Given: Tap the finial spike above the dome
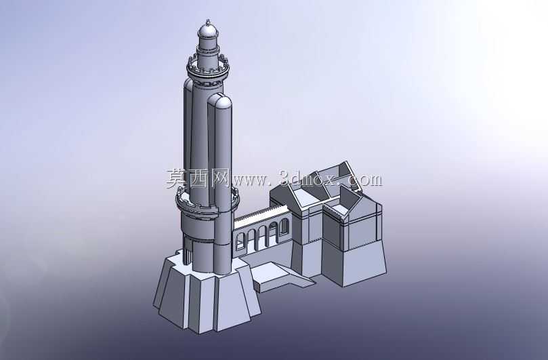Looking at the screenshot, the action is (x=209, y=21).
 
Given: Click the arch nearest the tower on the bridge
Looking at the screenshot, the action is (x=240, y=241).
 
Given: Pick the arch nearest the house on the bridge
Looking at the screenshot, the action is (x=284, y=226).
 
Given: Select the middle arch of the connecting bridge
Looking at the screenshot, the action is (x=262, y=234).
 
